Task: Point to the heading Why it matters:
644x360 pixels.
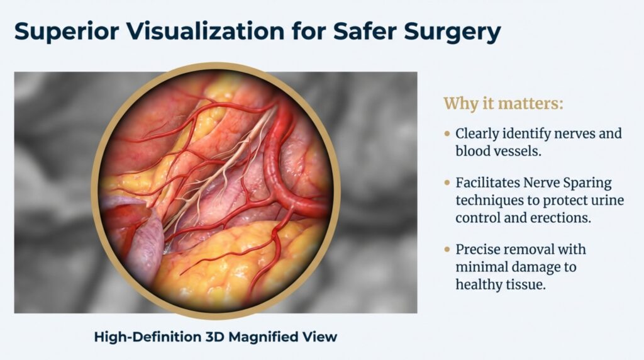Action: (x=503, y=104)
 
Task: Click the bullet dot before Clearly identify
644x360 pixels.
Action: (x=447, y=134)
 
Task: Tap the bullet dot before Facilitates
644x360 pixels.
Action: (x=447, y=183)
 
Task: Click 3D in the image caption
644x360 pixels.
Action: (x=212, y=337)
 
